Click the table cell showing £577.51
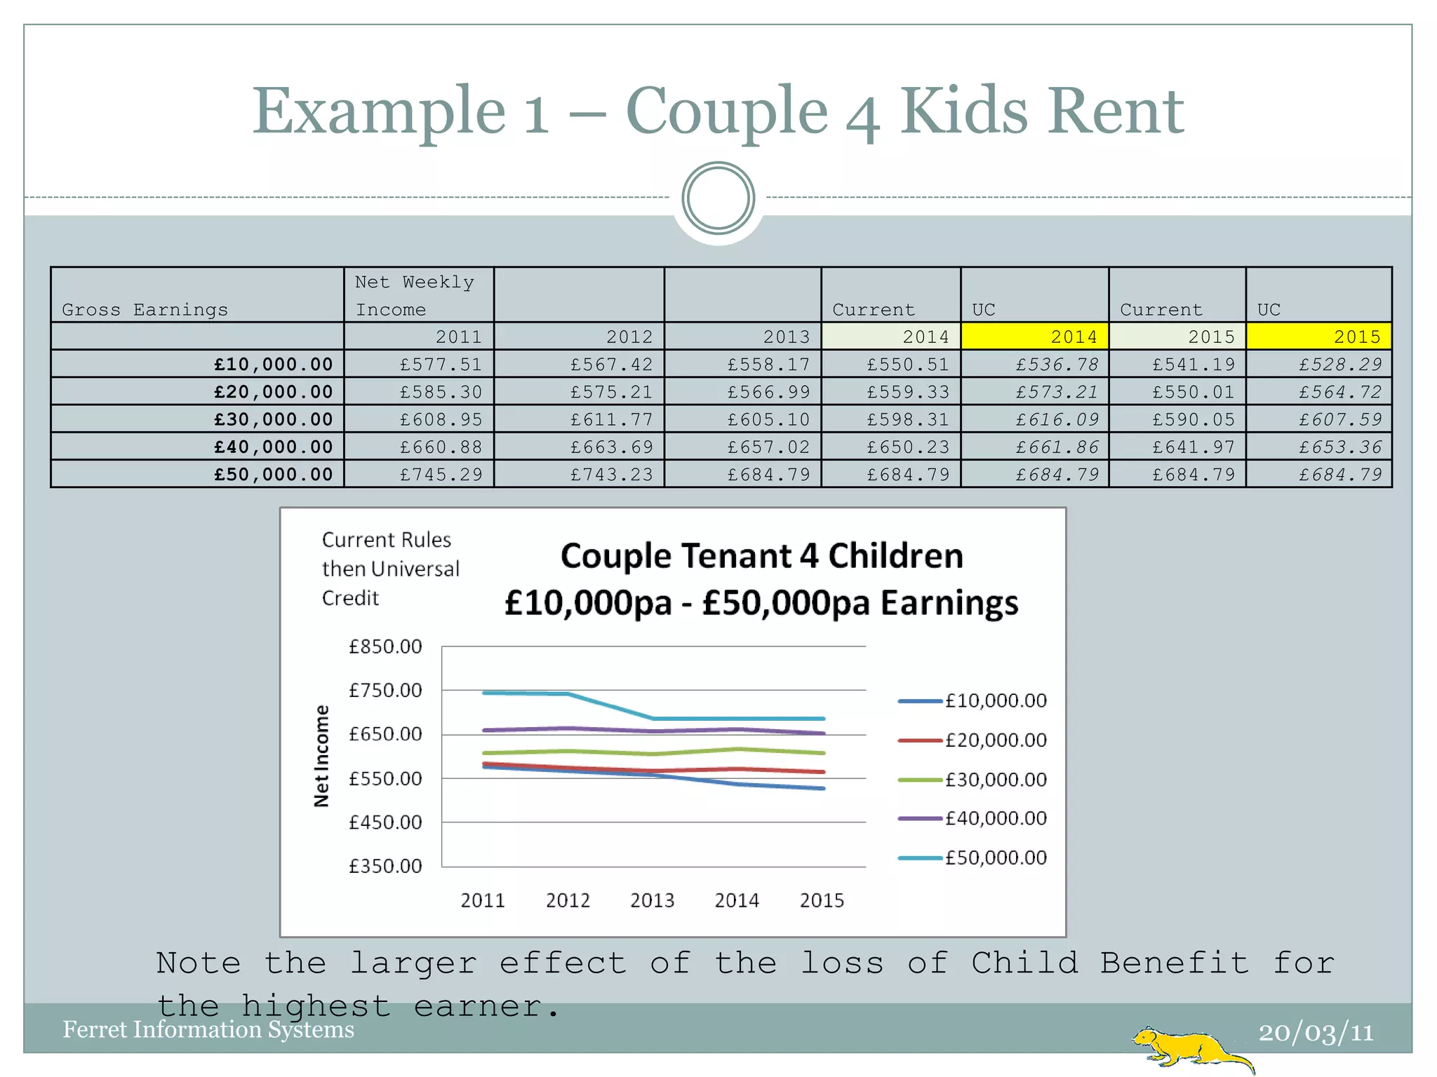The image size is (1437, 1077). click(441, 365)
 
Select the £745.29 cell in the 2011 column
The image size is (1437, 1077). click(441, 475)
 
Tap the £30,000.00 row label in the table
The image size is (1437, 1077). click(273, 419)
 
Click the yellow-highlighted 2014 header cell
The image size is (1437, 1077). click(1034, 337)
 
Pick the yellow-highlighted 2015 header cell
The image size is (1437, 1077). click(1318, 337)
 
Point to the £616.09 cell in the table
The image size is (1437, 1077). click(1057, 419)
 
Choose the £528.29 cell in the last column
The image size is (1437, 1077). click(1339, 365)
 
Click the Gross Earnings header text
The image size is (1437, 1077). click(145, 309)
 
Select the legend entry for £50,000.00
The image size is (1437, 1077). click(973, 858)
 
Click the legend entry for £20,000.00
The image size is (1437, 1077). click(973, 740)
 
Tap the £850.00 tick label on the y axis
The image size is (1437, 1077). click(385, 646)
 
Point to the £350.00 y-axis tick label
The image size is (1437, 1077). click(385, 866)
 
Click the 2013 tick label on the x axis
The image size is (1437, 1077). click(652, 900)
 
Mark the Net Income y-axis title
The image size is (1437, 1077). click(321, 756)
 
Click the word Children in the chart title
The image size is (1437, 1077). click(895, 556)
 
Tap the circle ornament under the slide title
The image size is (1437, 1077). click(718, 198)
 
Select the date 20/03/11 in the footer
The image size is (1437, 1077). click(1316, 1032)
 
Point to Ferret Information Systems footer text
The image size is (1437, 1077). click(208, 1029)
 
